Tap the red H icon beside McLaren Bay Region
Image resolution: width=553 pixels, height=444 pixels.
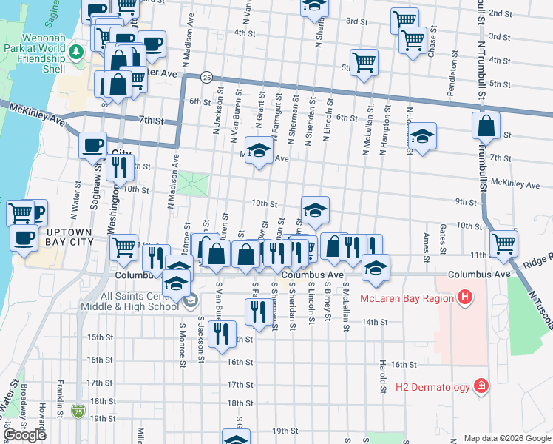click(x=465, y=298)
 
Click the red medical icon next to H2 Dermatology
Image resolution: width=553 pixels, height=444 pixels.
click(x=481, y=386)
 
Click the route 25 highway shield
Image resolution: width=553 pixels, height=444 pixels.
click(x=207, y=77)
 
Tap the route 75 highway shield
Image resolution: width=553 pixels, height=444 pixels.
click(x=78, y=409)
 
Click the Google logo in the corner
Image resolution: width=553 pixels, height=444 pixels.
click(x=26, y=435)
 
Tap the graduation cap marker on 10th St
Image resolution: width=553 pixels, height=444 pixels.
click(x=315, y=210)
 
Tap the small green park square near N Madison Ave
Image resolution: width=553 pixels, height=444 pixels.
click(x=192, y=184)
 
